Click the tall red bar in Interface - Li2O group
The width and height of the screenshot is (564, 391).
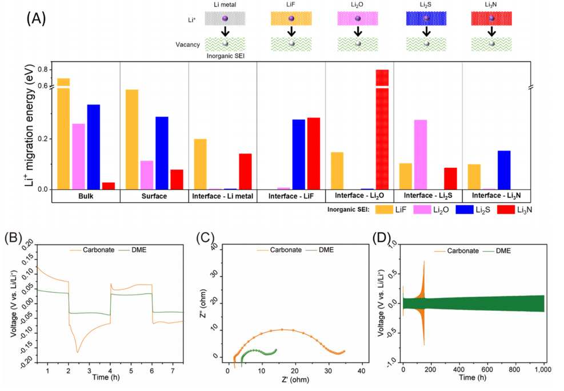click(x=382, y=130)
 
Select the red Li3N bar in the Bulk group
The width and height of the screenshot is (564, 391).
click(x=109, y=186)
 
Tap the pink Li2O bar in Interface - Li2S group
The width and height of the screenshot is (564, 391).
click(x=421, y=155)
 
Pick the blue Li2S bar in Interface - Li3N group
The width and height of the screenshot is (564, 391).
click(x=504, y=170)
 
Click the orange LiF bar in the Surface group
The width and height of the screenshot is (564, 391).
click(x=131, y=139)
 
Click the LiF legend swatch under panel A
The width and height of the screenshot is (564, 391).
click(x=384, y=209)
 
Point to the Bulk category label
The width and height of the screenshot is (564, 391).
click(x=86, y=196)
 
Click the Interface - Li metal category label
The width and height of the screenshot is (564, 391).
click(x=223, y=196)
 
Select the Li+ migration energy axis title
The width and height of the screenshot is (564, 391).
click(x=30, y=125)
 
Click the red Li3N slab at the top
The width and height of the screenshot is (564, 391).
click(x=491, y=18)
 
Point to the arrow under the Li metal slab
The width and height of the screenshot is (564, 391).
click(x=225, y=31)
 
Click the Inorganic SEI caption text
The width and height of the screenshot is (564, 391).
click(x=226, y=56)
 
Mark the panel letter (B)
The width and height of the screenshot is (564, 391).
click(x=14, y=238)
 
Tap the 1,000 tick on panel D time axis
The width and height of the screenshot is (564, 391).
click(x=543, y=369)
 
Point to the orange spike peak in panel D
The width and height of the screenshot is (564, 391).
click(x=425, y=261)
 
